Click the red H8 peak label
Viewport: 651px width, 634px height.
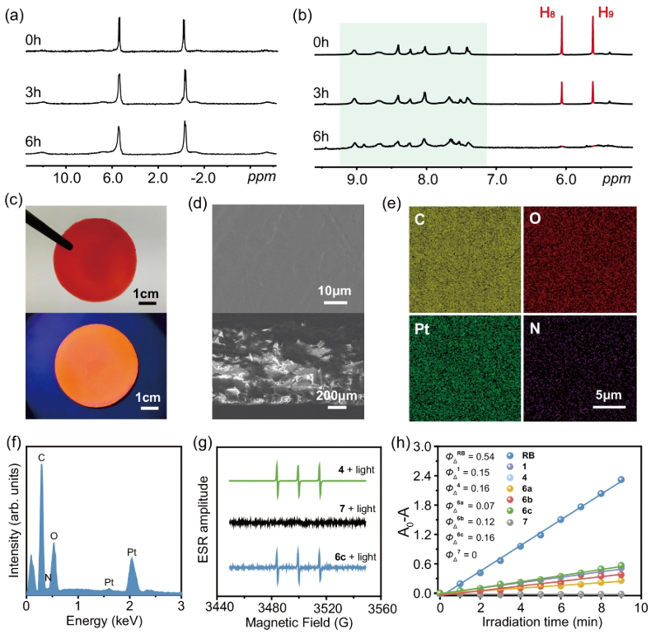547,13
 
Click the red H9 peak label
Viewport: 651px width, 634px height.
606,13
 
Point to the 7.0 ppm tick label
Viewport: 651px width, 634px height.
497,179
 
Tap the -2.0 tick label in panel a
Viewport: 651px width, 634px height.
203,178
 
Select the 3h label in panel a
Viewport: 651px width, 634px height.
33,91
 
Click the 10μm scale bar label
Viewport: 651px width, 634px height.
335,291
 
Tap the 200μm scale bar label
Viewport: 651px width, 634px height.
336,395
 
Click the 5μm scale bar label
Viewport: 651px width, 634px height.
609,394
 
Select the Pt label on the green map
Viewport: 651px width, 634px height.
421,329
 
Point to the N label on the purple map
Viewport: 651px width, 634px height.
535,329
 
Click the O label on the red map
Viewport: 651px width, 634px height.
535,218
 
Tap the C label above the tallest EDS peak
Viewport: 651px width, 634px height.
41,458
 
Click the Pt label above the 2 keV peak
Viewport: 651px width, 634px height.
132,552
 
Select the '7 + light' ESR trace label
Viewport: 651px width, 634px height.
358,509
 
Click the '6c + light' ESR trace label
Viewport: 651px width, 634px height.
355,557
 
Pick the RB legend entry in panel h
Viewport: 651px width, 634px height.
521,455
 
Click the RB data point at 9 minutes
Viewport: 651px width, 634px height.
621,480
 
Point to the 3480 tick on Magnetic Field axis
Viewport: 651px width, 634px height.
272,608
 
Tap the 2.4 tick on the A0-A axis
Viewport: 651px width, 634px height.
423,476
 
